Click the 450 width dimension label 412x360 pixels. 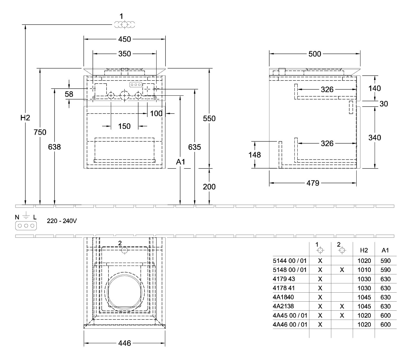click(124, 39)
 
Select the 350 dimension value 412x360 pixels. click(124, 54)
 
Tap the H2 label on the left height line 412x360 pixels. click(25, 118)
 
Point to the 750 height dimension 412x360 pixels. click(40, 132)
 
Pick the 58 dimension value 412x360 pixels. click(69, 94)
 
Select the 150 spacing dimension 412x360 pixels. click(124, 126)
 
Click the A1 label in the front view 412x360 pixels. click(180, 162)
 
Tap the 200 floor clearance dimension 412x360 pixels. click(209, 187)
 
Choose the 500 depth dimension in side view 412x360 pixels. click(314, 54)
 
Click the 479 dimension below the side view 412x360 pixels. click(312, 183)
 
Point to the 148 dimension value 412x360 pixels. click(255, 155)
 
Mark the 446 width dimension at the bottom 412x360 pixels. click(124, 344)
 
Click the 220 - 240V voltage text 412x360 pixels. click(62, 221)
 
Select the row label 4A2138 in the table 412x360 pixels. click(283, 306)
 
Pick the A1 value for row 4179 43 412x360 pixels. click(385, 279)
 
